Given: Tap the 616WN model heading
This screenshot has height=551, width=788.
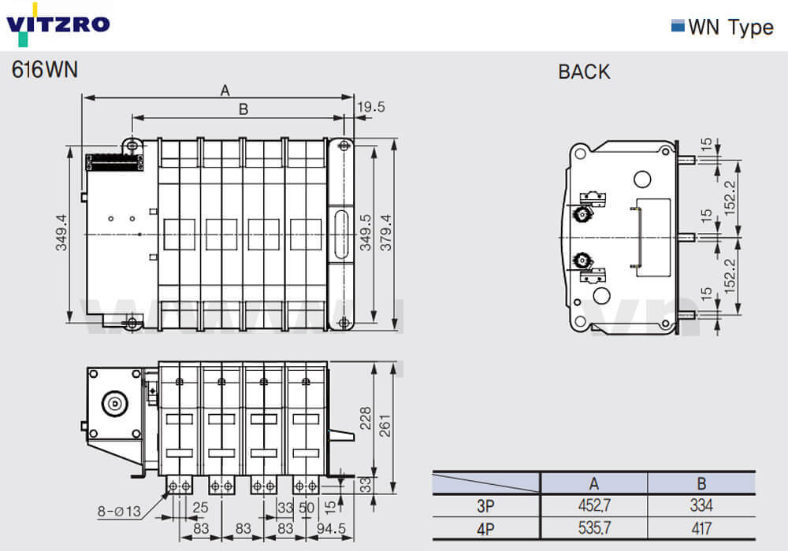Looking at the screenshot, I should [45, 70].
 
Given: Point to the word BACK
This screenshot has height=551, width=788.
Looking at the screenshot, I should [584, 72].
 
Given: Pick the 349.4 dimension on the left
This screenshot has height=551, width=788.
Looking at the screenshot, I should [61, 234].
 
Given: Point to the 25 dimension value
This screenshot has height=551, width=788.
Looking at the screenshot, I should [201, 508].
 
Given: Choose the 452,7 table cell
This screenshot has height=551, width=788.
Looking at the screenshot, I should [593, 505].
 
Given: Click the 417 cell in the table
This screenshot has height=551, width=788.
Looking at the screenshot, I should [701, 528].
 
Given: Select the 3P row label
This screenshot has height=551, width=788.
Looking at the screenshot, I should [486, 505].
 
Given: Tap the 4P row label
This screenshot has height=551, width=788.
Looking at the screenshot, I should [486, 528].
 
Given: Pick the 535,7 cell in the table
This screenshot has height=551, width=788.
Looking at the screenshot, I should [593, 528].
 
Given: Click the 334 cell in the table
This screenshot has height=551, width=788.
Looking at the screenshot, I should [701, 505].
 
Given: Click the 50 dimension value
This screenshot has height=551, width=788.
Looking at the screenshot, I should [307, 508].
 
